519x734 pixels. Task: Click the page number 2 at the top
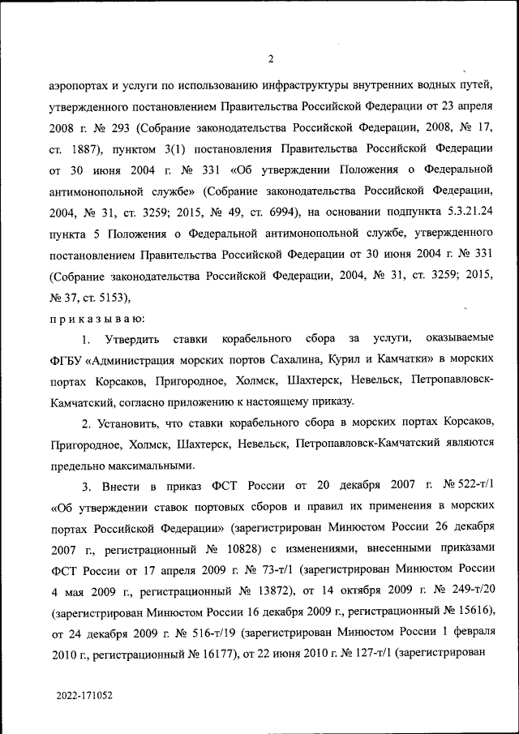272,58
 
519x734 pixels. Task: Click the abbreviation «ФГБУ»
68,358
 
